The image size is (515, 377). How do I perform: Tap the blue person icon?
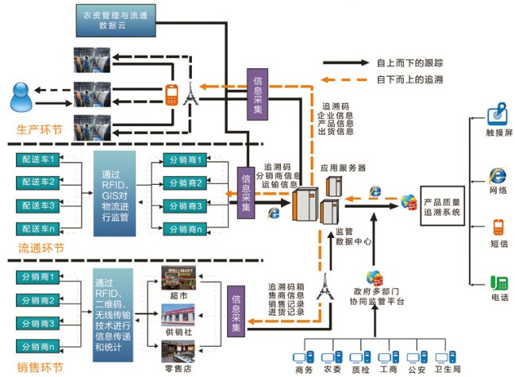[22, 97]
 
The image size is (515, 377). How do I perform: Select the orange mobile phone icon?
[171, 94]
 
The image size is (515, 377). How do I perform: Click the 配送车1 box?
[38, 160]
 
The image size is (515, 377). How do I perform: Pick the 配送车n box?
[38, 229]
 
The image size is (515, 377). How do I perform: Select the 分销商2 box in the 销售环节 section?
[38, 300]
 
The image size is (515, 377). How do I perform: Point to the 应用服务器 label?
[343, 168]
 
